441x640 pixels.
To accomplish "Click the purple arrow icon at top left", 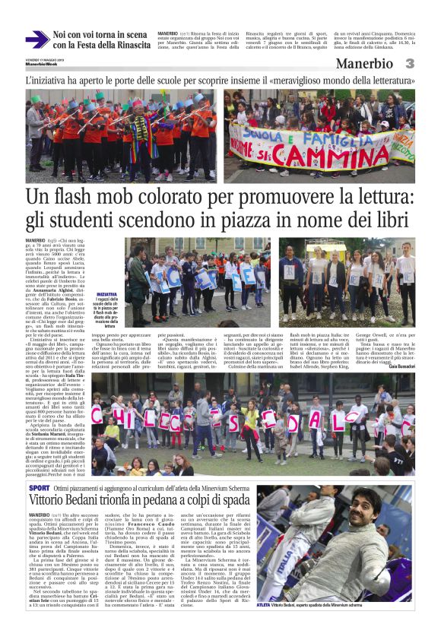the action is pos(36,40).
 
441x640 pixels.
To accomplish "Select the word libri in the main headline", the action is pos(395,222).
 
